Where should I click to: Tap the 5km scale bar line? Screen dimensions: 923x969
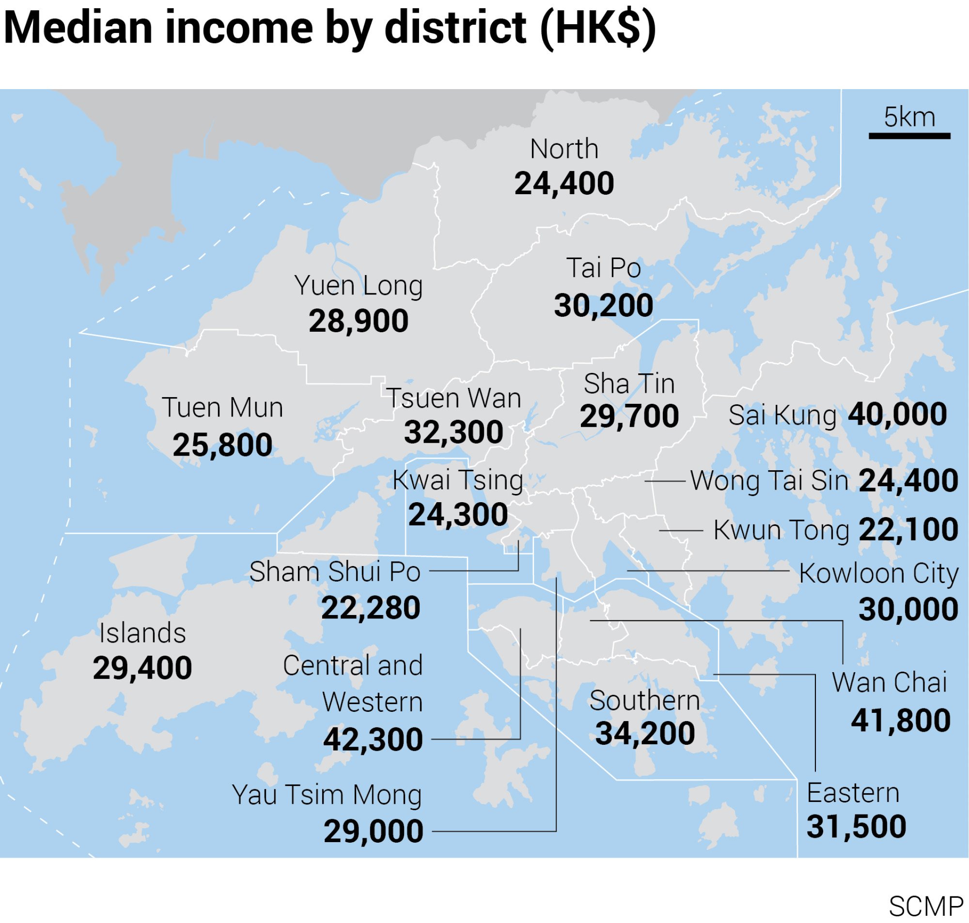click(909, 136)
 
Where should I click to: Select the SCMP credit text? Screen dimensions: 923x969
click(925, 907)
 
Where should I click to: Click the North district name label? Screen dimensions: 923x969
click(564, 149)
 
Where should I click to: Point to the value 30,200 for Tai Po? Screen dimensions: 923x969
click(603, 306)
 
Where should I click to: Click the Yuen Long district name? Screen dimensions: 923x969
click(358, 285)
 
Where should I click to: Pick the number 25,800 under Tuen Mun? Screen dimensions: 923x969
click(222, 445)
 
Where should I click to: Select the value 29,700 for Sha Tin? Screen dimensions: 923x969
click(629, 416)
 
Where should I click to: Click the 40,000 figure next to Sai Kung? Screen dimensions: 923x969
click(897, 414)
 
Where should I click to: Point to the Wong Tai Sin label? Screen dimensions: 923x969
click(769, 481)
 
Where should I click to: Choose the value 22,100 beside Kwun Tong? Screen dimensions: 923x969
click(908, 530)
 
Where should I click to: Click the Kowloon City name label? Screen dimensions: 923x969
click(878, 574)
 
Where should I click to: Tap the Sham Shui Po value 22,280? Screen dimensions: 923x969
click(371, 608)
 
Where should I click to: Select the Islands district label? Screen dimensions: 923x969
click(142, 633)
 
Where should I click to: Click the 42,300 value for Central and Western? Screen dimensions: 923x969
click(373, 739)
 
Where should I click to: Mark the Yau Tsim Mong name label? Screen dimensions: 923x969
click(327, 795)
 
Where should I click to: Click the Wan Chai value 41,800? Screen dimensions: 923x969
click(901, 721)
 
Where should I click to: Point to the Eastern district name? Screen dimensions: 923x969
click(853, 793)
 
